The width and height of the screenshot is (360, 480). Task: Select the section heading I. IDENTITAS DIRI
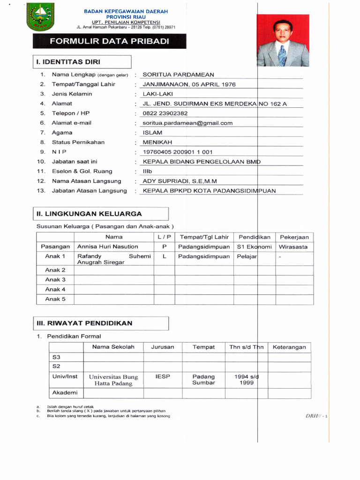pyautogui.click(x=68, y=62)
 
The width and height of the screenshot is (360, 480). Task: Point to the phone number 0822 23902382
pyautogui.click(x=165, y=113)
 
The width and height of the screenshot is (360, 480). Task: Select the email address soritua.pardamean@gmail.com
pyautogui.click(x=187, y=123)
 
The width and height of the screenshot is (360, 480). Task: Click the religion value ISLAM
pyautogui.click(x=152, y=133)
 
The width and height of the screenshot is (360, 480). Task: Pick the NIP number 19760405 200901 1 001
pyautogui.click(x=177, y=152)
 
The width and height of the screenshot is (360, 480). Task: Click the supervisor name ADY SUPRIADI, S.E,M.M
pyautogui.click(x=180, y=181)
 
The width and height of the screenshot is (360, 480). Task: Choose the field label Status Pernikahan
pyautogui.click(x=78, y=142)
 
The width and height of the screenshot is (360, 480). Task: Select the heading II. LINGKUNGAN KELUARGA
pyautogui.click(x=89, y=214)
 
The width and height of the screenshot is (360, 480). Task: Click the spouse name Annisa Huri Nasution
pyautogui.click(x=108, y=247)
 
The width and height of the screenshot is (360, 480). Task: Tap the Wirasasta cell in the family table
pyautogui.click(x=293, y=247)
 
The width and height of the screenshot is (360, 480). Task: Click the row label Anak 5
pyautogui.click(x=55, y=299)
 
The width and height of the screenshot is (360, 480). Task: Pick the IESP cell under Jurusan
pyautogui.click(x=163, y=376)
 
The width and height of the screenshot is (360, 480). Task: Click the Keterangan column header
pyautogui.click(x=289, y=347)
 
